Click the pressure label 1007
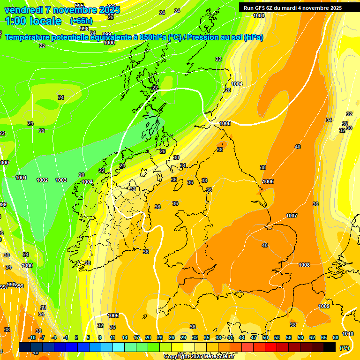point(292,216)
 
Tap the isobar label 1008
point(304,265)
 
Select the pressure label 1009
point(324,306)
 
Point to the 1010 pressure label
point(347,334)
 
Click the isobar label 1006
point(268,181)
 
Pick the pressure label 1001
point(21,178)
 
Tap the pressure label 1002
point(42,180)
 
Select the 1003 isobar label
point(61,180)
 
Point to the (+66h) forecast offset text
point(81,21)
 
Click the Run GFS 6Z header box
point(292,7)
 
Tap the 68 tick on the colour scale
point(336,337)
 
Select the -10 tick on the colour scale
point(32,337)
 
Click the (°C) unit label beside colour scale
point(344,347)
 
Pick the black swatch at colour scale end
point(330,347)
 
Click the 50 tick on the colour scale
point(265,337)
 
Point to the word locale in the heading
point(45,21)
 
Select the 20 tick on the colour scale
point(148,337)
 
